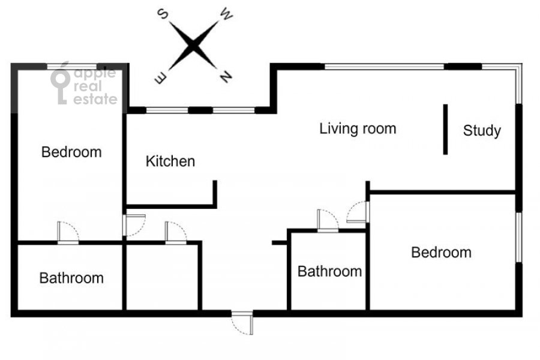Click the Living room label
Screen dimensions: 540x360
tap(358, 129)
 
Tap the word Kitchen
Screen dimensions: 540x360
tap(170, 161)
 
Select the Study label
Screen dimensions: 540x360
tap(482, 131)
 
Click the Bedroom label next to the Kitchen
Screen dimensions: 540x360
tap(71, 152)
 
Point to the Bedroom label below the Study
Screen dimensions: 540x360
tap(441, 253)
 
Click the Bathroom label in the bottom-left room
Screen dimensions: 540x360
tap(71, 278)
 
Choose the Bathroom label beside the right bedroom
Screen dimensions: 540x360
tap(329, 271)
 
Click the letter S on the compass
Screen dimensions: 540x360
tap(163, 14)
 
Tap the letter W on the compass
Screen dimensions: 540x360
tap(226, 14)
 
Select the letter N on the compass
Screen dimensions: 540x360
tap(226, 76)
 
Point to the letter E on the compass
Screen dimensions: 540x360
tap(161, 78)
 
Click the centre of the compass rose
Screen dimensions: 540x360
tap(193, 46)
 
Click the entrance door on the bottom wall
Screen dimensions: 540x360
tap(242, 323)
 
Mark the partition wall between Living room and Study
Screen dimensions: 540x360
tap(445, 130)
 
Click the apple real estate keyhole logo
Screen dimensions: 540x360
tap(60, 83)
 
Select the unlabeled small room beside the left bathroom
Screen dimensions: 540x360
tap(161, 277)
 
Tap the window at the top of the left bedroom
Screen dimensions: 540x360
tap(72, 67)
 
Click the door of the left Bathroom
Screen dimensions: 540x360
tap(68, 233)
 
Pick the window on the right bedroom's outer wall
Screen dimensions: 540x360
tap(518, 237)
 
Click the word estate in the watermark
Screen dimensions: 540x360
tap(95, 99)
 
